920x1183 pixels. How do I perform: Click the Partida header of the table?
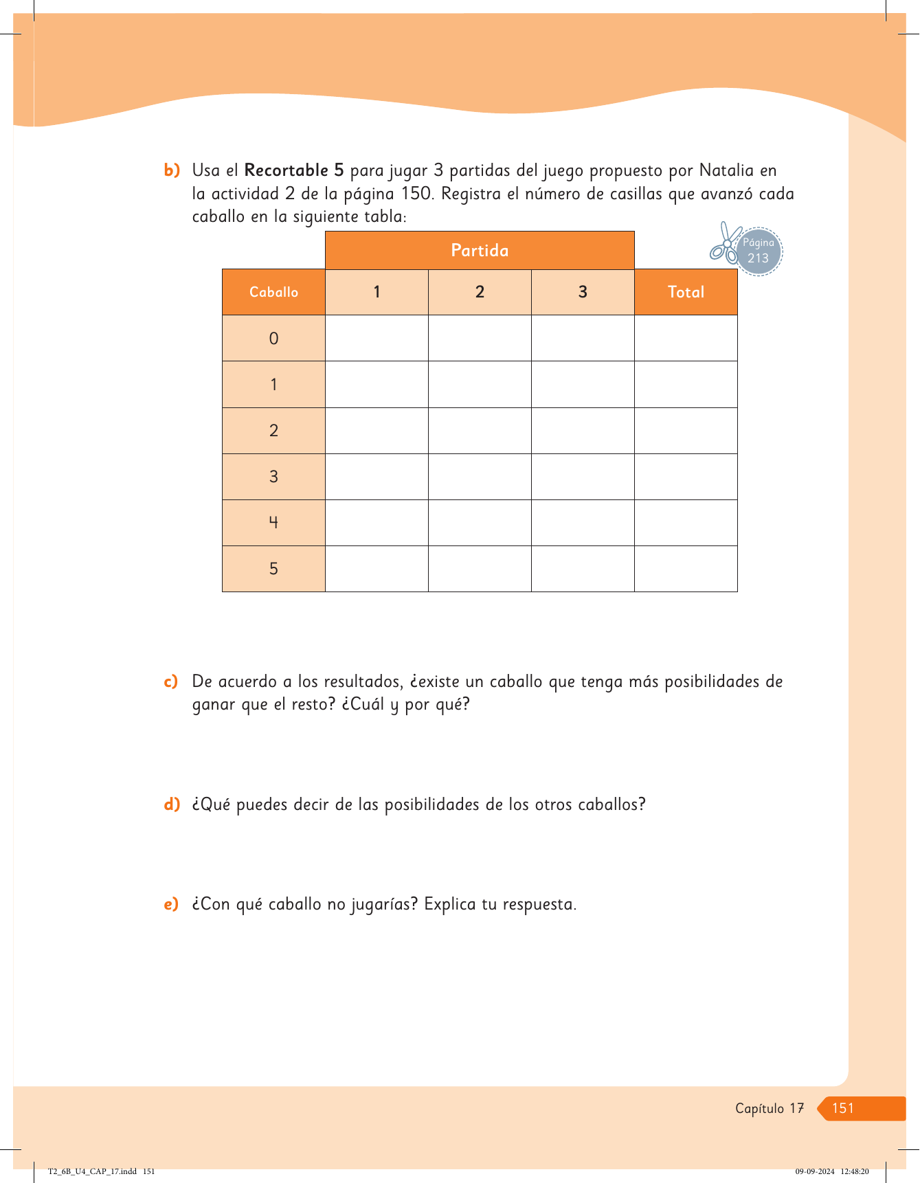point(480,250)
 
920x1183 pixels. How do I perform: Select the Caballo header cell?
point(273,292)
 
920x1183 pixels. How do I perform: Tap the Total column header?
point(686,292)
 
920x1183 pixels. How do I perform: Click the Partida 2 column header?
point(480,292)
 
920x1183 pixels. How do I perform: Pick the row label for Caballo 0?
point(273,338)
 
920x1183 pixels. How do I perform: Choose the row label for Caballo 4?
point(273,523)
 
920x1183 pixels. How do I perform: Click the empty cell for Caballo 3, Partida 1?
point(377,477)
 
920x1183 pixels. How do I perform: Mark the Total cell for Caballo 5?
point(686,569)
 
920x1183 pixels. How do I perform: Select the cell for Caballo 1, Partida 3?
point(583,385)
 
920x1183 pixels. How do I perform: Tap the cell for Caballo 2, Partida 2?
point(480,431)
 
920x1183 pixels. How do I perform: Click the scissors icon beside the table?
point(724,244)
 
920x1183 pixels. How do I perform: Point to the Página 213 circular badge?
point(759,251)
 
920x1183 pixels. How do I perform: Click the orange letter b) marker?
point(171,170)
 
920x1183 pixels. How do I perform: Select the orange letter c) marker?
point(170,681)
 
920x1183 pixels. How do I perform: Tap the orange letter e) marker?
point(170,904)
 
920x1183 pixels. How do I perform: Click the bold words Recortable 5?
point(293,170)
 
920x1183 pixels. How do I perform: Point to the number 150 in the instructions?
point(416,194)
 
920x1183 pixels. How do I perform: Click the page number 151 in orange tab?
point(843,1108)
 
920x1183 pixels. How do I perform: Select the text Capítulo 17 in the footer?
point(769,1108)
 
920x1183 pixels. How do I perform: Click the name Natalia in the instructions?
point(726,170)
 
